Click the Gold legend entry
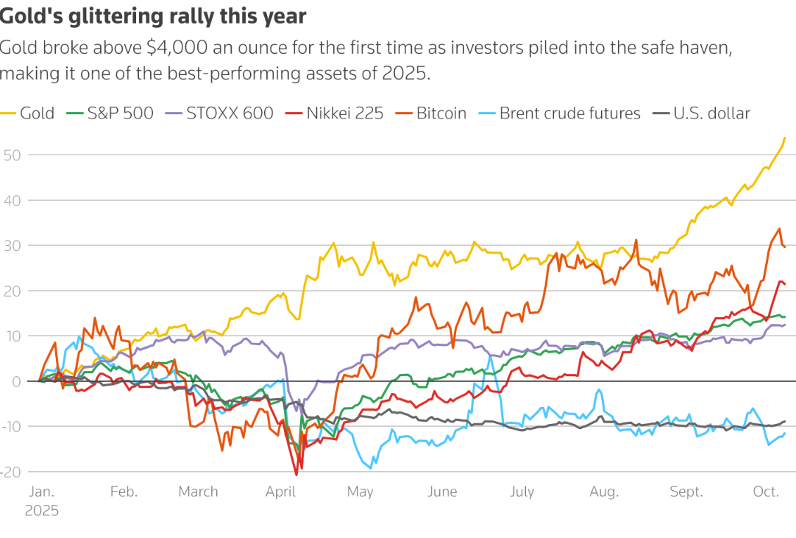36,113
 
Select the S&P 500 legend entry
120,113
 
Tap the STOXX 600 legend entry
230,113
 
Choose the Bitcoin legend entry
441,113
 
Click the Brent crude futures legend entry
569,113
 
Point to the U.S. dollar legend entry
711,113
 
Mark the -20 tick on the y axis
11,472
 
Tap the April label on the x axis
280,492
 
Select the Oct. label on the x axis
766,492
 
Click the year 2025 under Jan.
42,509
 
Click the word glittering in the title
104,15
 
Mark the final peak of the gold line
785,138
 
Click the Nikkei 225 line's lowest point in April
297,475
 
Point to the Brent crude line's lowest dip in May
370,467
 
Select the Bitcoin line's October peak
779,229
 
